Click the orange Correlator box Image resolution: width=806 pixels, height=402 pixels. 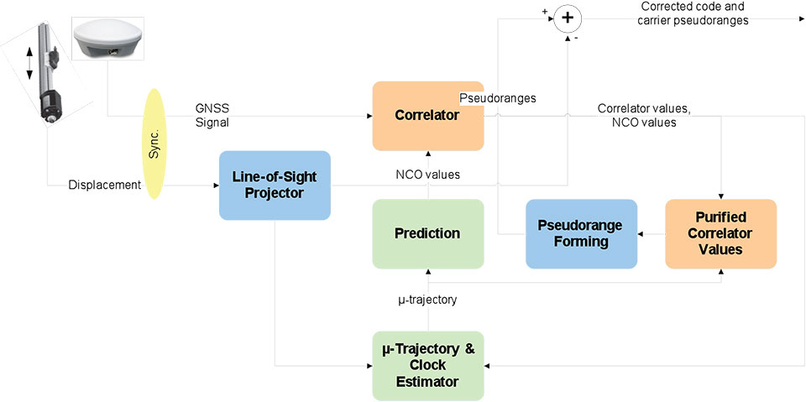428,116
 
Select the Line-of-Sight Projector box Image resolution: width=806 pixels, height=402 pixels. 275,185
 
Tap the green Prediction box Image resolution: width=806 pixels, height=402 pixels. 428,233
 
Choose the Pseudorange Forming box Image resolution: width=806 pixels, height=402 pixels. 581,233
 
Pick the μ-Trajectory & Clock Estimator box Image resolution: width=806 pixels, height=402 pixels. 428,365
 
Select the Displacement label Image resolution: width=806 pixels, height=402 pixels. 104,185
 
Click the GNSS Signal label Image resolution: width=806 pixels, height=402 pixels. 211,115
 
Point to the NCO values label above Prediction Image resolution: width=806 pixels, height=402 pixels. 427,175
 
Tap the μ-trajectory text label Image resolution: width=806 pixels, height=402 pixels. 427,300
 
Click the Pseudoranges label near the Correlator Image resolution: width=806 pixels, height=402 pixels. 498,98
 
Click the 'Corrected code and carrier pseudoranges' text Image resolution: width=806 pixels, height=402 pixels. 693,13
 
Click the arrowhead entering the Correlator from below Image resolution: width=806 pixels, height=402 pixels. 428,154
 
